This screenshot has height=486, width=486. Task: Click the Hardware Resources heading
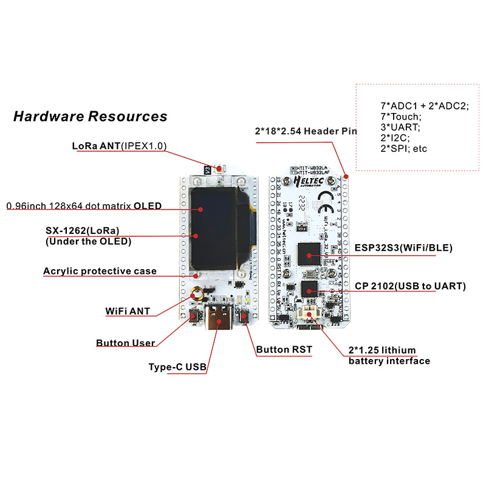90,115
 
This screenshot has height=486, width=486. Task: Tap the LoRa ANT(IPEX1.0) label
119,146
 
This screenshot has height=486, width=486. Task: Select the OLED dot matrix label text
84,206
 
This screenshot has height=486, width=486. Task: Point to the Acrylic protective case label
100,271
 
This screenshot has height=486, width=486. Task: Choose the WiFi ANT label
128,312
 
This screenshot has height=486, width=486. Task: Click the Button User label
125,343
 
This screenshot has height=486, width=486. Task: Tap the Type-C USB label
178,367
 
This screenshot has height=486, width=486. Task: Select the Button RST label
285,350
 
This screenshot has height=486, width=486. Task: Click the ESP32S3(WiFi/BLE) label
403,248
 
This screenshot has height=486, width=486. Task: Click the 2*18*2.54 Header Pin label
306,131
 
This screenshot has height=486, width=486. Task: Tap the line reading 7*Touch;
400,117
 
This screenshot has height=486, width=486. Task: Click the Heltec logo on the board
307,180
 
